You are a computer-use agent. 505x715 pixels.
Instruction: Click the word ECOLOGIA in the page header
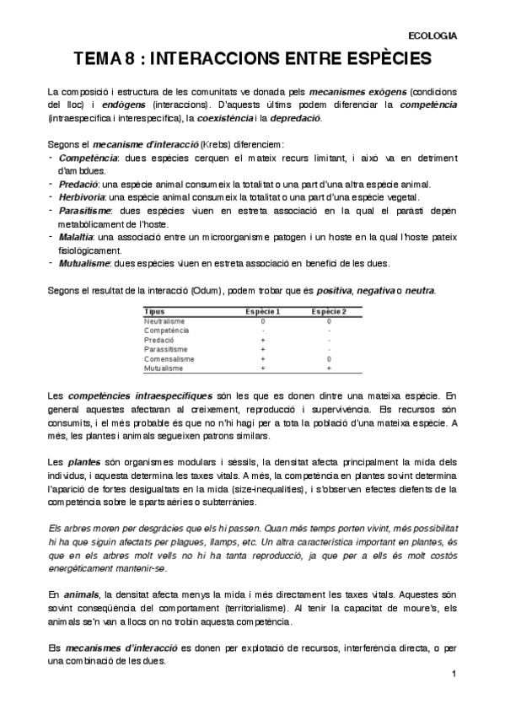click(x=432, y=35)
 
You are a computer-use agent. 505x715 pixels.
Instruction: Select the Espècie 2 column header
click(x=329, y=312)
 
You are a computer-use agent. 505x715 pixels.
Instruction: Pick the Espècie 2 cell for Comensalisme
click(x=329, y=359)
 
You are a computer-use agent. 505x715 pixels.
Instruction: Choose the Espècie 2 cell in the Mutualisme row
click(x=329, y=368)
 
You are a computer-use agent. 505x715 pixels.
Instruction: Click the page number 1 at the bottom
click(x=454, y=675)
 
